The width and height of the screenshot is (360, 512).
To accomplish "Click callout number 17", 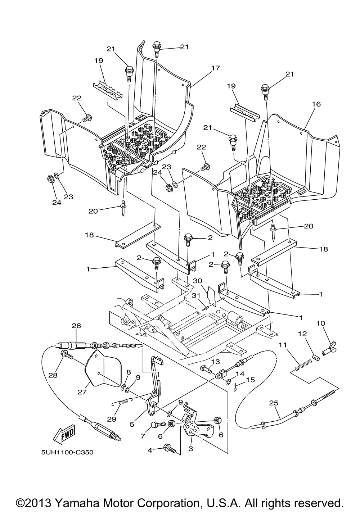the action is point(215,68).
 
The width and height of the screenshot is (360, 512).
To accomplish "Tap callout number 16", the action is point(316,104).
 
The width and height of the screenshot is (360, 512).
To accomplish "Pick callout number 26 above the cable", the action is point(76,326).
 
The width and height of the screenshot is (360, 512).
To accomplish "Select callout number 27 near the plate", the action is point(82,392).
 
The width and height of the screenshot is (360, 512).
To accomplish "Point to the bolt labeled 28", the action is point(67,355).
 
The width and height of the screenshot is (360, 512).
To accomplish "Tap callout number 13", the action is point(215,362).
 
